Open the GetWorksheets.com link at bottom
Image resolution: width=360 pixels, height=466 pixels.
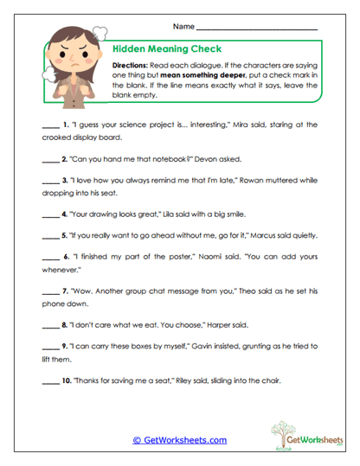click(x=179, y=440)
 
